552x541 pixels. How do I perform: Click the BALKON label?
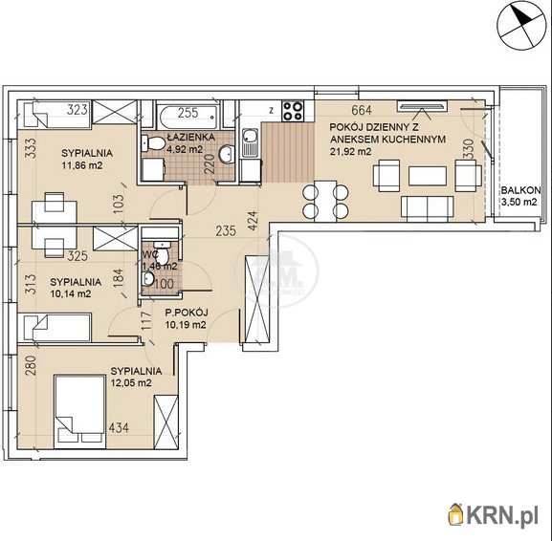pyautogui.click(x=520, y=190)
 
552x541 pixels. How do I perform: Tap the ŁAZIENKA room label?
pyautogui.click(x=190, y=137)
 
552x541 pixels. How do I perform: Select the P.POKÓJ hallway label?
pyautogui.click(x=187, y=313)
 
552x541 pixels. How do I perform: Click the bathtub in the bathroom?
pyautogui.click(x=188, y=114)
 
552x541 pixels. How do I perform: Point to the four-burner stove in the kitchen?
pyautogui.click(x=293, y=111)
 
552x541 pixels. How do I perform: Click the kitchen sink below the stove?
pyautogui.click(x=251, y=143)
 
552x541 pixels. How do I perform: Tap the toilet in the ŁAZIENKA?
pyautogui.click(x=153, y=143)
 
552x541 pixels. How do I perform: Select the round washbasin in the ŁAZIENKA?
pyautogui.click(x=227, y=153)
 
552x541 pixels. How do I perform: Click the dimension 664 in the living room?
pyautogui.click(x=362, y=110)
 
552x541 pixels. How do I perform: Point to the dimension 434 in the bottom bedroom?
pyautogui.click(x=119, y=428)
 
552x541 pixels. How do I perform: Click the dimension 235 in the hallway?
pyautogui.click(x=226, y=230)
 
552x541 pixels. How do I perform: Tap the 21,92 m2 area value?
pyautogui.click(x=351, y=152)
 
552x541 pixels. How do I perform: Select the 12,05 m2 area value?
pyautogui.click(x=131, y=382)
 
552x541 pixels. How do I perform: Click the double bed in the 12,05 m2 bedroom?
pyautogui.click(x=80, y=412)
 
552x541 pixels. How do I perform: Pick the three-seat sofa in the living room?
pyautogui.click(x=428, y=209)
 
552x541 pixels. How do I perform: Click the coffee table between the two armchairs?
pyautogui.click(x=428, y=176)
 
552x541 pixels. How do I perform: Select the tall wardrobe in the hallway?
pyautogui.click(x=257, y=300)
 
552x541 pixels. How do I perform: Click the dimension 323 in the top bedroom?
pyautogui.click(x=77, y=109)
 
